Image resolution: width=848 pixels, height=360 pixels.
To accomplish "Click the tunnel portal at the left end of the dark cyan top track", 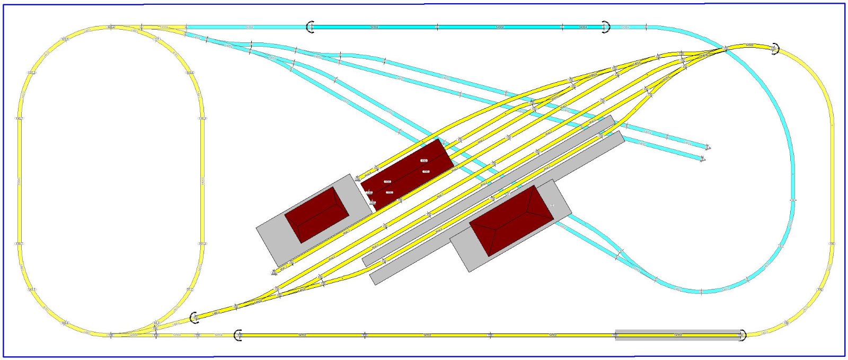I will click(x=311, y=27).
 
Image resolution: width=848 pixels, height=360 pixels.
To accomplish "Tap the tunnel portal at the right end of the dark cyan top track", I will click(x=606, y=27).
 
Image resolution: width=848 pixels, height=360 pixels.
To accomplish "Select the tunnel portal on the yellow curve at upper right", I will click(x=775, y=49).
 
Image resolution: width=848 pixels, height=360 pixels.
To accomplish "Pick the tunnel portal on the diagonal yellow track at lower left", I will click(x=195, y=318).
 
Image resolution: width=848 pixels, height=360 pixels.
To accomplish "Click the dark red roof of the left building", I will click(x=317, y=214).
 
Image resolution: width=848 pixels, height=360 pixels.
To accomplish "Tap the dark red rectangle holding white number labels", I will click(x=407, y=173).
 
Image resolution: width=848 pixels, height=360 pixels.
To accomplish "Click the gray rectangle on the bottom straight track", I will click(x=677, y=335).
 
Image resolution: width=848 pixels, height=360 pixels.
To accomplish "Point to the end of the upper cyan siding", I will click(x=708, y=147).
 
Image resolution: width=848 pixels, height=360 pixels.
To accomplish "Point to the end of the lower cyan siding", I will click(x=703, y=159).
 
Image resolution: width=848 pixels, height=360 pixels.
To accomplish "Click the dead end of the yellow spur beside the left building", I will click(x=275, y=273).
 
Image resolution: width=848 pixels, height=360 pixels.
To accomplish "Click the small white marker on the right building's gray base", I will click(x=552, y=205).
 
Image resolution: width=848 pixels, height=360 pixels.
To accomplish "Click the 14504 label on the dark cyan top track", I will click(x=583, y=27).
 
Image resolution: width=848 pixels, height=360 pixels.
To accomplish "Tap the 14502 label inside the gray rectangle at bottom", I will click(x=678, y=335).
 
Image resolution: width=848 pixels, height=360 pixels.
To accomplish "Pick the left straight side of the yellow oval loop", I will click(x=20, y=180).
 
